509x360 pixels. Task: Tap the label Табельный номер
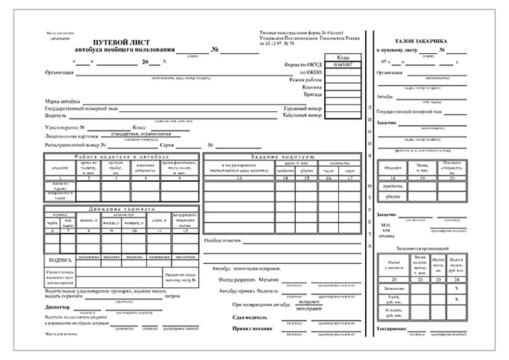coord(302,115)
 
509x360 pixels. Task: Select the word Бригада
coord(310,94)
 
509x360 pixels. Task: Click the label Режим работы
coord(305,79)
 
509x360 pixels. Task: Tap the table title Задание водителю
coord(282,157)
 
